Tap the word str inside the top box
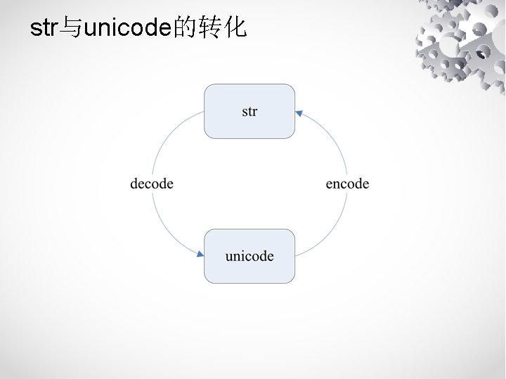point(249,112)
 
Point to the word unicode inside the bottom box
point(249,255)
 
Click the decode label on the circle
point(152,184)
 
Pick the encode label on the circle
point(347,184)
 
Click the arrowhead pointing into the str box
point(299,112)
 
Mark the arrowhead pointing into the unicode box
point(200,254)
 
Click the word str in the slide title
point(43,29)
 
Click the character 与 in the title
point(70,29)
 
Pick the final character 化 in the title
point(237,29)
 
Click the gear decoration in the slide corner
point(460,46)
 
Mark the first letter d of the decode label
point(134,184)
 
